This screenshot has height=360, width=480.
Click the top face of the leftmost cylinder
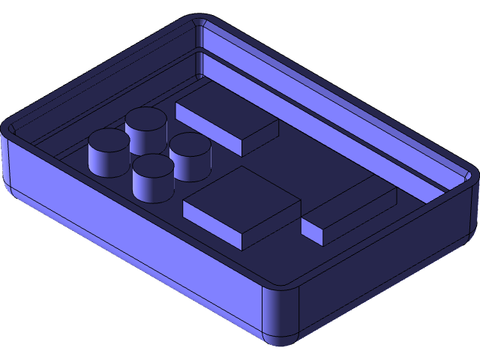coord(109,140)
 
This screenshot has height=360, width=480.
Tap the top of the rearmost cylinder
coord(145,118)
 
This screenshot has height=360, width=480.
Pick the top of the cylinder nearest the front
coord(153,164)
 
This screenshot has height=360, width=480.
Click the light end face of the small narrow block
coord(313,230)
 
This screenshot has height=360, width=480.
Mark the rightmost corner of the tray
coord(472,180)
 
